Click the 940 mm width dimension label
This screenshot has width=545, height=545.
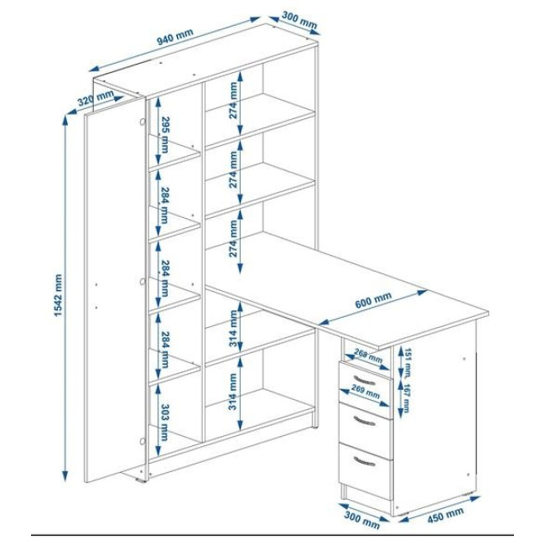coord(175,37)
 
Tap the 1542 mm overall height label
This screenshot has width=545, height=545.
coord(58,295)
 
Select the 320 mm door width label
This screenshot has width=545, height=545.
coord(96,97)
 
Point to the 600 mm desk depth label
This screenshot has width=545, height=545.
coord(373,300)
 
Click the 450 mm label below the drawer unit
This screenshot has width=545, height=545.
coord(445,515)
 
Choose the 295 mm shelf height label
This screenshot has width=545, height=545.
coord(164,135)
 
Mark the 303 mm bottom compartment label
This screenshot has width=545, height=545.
coord(164,423)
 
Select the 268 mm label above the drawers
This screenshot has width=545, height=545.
coord(368,356)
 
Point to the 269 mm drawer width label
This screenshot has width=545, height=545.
coord(366,392)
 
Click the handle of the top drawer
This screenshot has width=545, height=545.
coord(364,380)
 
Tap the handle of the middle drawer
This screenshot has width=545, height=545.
coord(364,421)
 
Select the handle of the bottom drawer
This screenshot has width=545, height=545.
coord(364,461)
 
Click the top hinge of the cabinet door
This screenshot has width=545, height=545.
coord(143,122)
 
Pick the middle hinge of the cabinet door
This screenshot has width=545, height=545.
coord(143,282)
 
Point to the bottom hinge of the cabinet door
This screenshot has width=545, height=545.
coord(143,441)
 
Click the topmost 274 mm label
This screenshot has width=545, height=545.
coord(234,100)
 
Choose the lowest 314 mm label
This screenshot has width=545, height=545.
coord(233,392)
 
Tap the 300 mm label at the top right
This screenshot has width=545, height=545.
coord(299,20)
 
